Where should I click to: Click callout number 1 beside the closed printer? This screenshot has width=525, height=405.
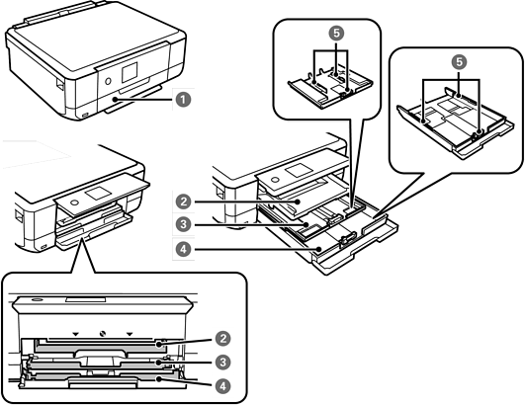click(x=183, y=100)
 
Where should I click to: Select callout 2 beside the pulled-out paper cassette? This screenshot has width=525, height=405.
click(x=183, y=202)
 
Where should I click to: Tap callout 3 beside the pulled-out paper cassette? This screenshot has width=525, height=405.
click(x=183, y=224)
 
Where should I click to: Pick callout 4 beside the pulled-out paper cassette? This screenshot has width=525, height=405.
click(x=183, y=249)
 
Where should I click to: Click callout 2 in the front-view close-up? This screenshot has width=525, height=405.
click(x=222, y=339)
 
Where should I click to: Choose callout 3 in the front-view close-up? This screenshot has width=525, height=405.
click(x=222, y=362)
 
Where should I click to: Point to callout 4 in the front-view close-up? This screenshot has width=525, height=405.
click(x=222, y=386)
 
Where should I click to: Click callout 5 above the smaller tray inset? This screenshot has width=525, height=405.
click(x=336, y=33)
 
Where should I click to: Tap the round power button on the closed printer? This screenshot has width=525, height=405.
click(x=108, y=81)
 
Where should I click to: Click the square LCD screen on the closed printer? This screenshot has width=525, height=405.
click(x=130, y=72)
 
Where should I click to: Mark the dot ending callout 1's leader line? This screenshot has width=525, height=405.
click(x=115, y=100)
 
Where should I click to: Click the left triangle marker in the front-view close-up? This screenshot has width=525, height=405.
click(x=76, y=334)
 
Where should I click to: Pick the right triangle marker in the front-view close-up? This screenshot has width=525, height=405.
click(x=130, y=334)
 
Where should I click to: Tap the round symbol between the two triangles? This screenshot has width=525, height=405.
click(x=103, y=334)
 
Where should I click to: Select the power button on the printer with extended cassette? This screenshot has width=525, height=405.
click(x=275, y=180)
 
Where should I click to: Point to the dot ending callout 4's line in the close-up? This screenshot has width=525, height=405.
click(x=160, y=379)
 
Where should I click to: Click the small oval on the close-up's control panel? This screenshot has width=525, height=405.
click(x=36, y=299)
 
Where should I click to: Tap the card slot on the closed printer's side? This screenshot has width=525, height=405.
click(x=59, y=84)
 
